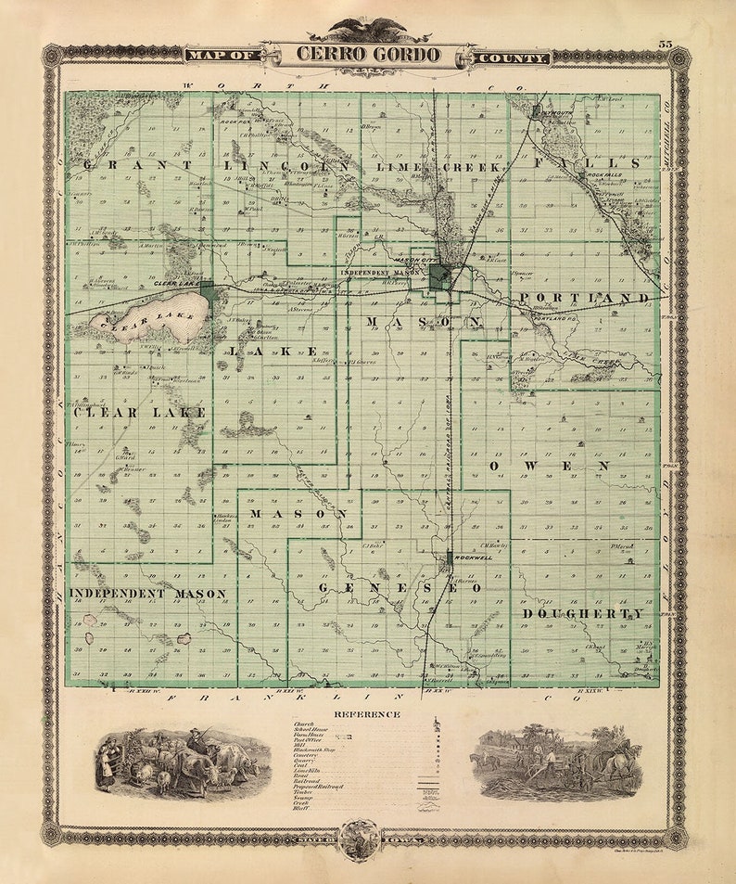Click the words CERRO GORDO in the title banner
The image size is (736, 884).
click(x=368, y=54)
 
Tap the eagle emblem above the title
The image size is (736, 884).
click(x=368, y=29)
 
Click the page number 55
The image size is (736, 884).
click(x=666, y=44)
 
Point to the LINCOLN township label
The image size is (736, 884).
click(x=287, y=165)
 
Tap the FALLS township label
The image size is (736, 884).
click(x=587, y=163)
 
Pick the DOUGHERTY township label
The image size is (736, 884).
click(x=583, y=614)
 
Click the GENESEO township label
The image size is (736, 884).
click(x=400, y=588)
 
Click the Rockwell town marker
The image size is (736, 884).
click(x=450, y=558)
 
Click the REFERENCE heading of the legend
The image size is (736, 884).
click(x=368, y=714)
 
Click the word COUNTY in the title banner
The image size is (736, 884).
click(x=513, y=58)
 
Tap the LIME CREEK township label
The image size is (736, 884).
click(x=439, y=167)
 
